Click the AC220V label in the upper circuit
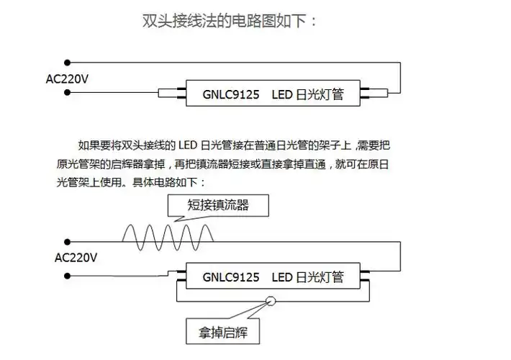(x=67, y=78)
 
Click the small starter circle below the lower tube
(x=271, y=302)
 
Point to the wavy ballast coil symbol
(x=168, y=234)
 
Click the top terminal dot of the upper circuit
(x=67, y=62)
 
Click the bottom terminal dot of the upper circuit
(x=67, y=94)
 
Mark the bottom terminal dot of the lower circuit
(x=67, y=274)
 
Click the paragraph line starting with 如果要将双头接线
(x=238, y=145)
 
